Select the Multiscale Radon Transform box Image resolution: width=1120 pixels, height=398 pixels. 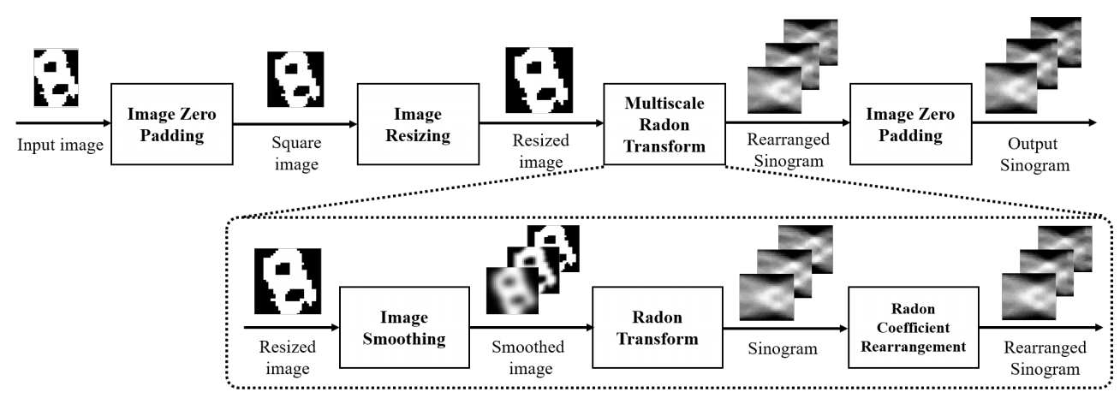pos(664,124)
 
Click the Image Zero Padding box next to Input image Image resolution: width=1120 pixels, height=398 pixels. pos(171,124)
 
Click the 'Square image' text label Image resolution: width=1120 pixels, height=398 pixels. pos(294,152)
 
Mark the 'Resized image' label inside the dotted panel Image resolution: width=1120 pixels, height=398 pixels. pos(287,357)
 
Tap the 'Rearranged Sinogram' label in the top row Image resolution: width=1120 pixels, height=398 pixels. pos(785,152)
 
